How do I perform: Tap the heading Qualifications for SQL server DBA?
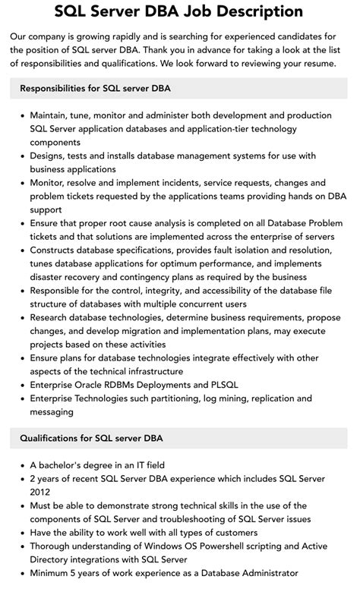point(91,438)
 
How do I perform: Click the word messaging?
point(52,412)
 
